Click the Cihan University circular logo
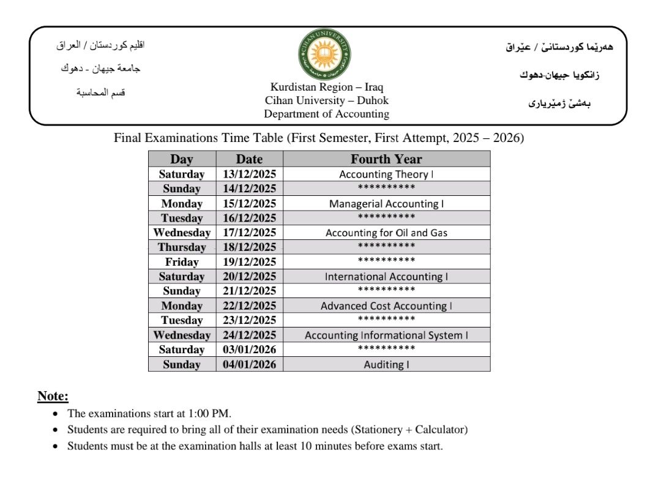(324, 55)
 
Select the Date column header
(249, 159)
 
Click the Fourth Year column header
(386, 159)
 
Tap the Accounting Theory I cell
(386, 174)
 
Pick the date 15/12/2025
(249, 203)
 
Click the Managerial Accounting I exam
(386, 203)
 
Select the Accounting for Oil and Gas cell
(386, 233)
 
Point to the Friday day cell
(182, 262)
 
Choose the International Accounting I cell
(386, 277)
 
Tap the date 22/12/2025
(249, 305)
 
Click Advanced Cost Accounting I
(386, 305)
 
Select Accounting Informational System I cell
(386, 335)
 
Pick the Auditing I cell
(386, 364)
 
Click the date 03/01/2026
(249, 350)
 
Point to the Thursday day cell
(182, 247)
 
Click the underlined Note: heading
(53, 396)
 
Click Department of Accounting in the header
(326, 114)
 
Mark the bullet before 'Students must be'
(56, 446)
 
